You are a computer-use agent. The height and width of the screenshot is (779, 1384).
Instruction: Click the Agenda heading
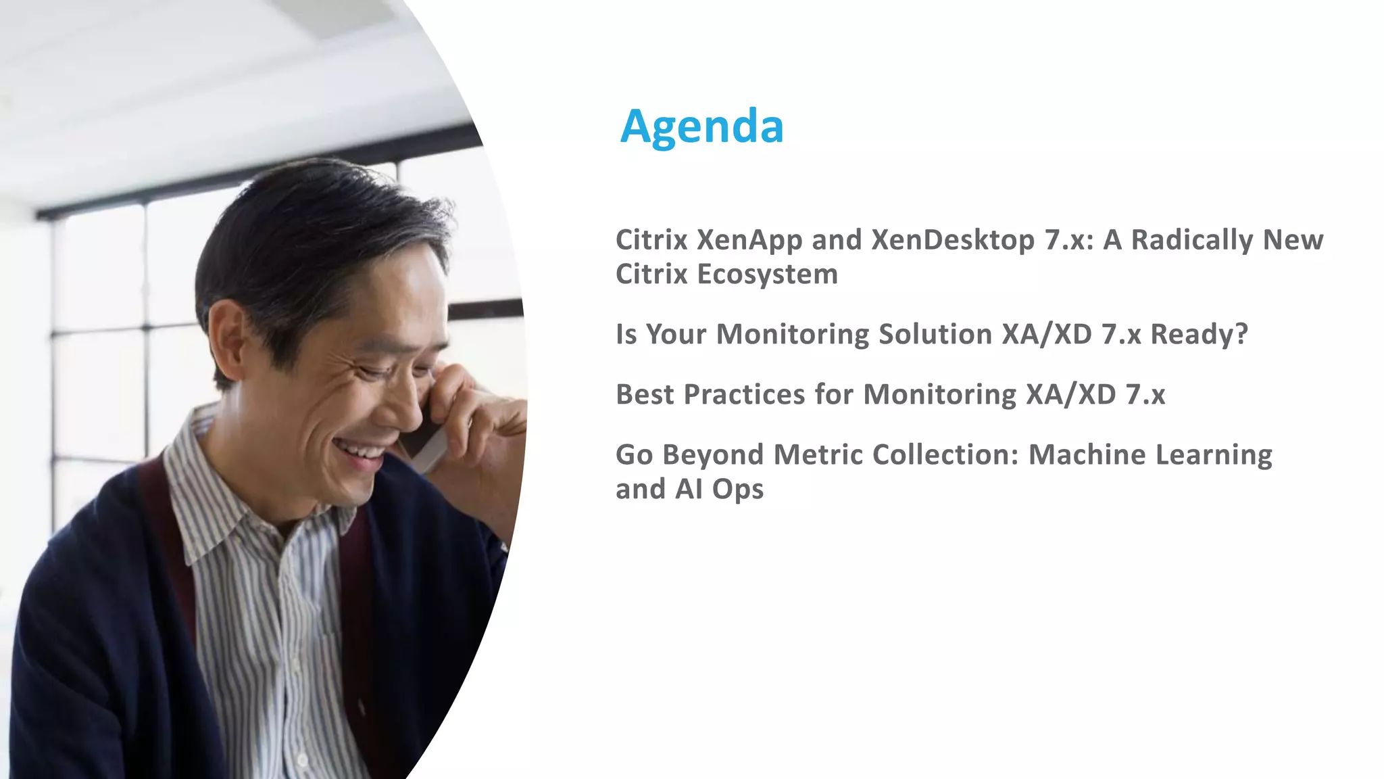[x=701, y=127]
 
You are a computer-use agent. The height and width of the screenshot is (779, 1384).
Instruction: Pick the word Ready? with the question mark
[x=1199, y=335]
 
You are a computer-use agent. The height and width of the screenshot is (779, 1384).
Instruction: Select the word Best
[x=645, y=395]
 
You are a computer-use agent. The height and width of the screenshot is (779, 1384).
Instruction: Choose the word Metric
[x=818, y=455]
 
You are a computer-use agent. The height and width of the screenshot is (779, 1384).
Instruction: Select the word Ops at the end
[x=737, y=490]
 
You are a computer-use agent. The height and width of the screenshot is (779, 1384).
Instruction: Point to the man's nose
[x=405, y=399]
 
